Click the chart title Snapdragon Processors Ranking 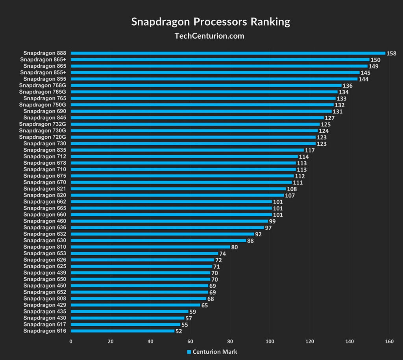(x=211, y=21)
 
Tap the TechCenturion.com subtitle (x=209, y=36)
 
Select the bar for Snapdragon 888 (x=228, y=53)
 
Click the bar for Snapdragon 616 (x=122, y=331)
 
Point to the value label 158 (x=391, y=53)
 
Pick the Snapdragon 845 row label (x=44, y=117)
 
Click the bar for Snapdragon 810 (x=150, y=247)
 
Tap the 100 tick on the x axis (x=270, y=341)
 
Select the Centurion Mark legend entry (x=212, y=351)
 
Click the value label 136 (x=348, y=85)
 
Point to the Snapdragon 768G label (x=43, y=85)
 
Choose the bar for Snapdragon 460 (x=169, y=221)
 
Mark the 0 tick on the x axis (x=71, y=341)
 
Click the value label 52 (x=179, y=331)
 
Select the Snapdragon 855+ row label (x=43, y=72)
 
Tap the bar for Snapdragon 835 (x=187, y=150)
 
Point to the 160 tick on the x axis (x=389, y=341)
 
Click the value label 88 (x=250, y=241)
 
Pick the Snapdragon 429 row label (x=44, y=305)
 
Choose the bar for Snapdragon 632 (x=163, y=234)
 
